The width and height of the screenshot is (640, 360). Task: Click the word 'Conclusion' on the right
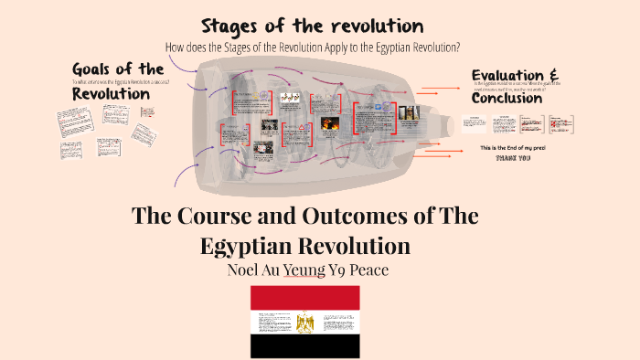click(507, 98)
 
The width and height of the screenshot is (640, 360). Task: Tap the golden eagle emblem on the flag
click(305, 321)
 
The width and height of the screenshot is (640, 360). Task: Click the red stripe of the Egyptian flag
click(305, 295)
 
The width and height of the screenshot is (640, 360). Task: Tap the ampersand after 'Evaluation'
click(552, 74)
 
